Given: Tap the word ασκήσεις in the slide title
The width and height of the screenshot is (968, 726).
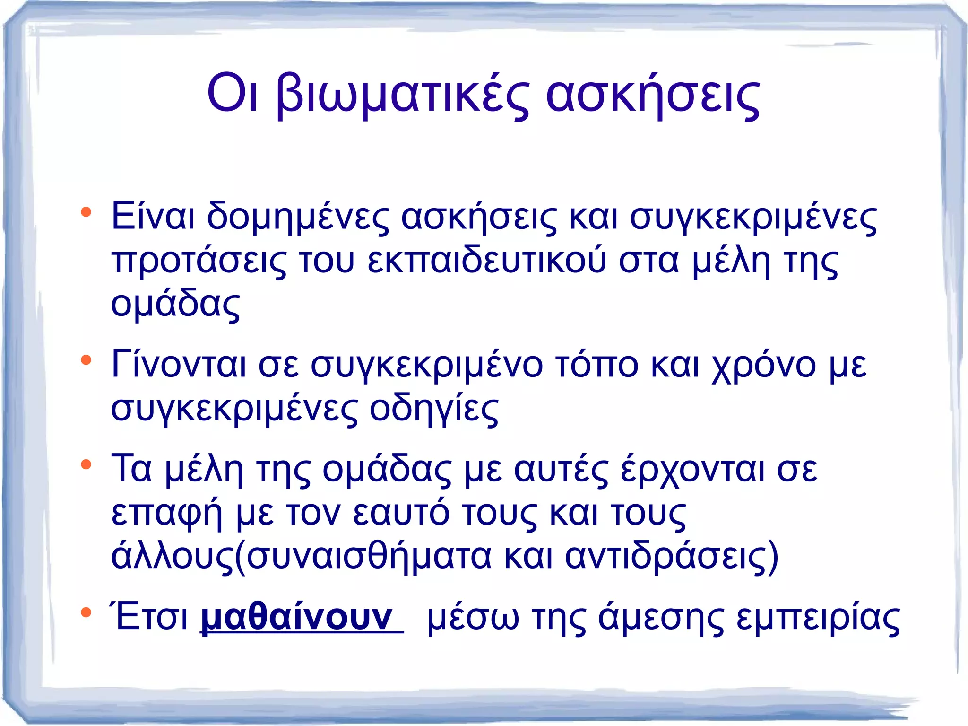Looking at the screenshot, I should (653, 95).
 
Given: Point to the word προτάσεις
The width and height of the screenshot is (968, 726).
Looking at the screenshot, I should (199, 262).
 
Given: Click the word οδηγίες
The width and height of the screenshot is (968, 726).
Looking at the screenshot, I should (433, 408).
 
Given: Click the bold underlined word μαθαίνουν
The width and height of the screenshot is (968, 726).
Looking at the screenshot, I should (297, 617).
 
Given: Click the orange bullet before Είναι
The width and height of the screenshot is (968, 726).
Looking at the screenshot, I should (86, 212).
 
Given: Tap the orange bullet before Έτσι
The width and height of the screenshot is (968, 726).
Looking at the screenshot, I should (86, 612).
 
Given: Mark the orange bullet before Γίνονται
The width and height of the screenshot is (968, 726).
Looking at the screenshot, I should (86, 360).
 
